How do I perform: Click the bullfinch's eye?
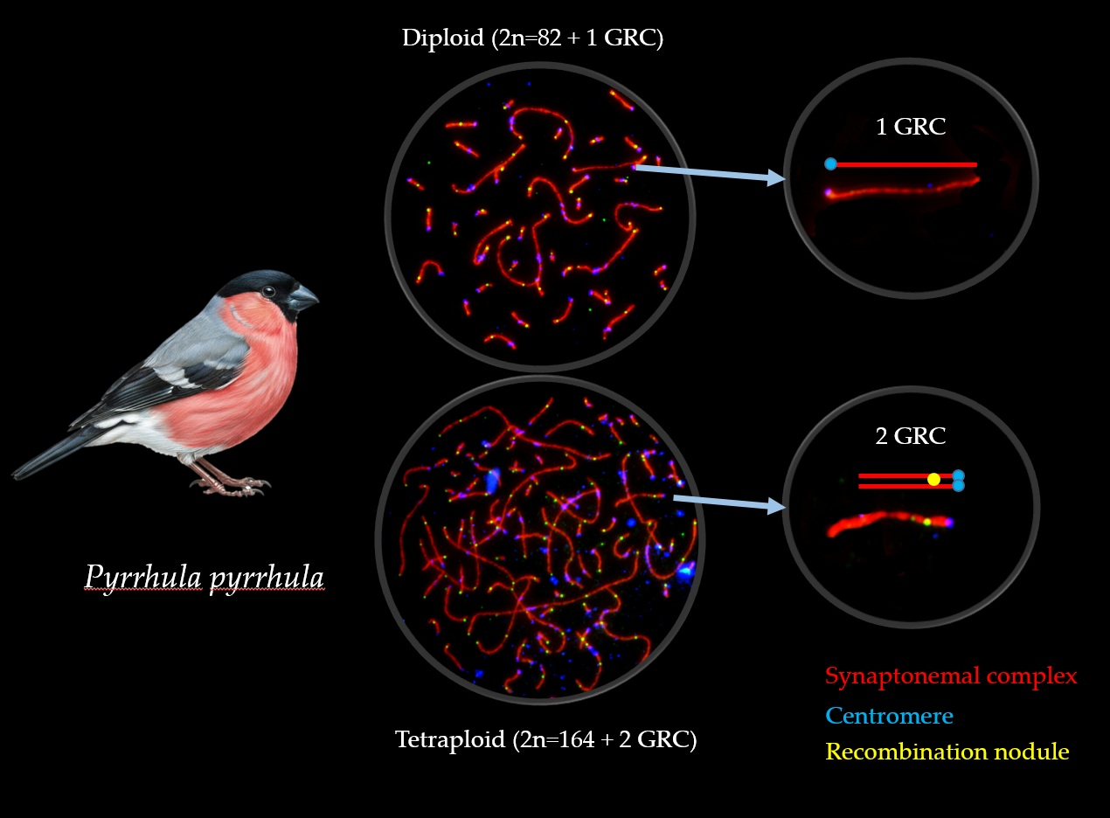pos(268,291)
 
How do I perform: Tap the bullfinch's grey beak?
pos(302,299)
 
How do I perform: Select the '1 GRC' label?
pos(910,127)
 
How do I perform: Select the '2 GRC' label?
pos(910,436)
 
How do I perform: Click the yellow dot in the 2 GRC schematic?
pos(933,479)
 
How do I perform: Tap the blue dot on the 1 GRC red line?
pos(830,163)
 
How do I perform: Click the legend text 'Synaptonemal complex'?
pos(951,676)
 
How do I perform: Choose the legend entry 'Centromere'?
pos(889,716)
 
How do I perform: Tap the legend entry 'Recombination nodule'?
pos(947,752)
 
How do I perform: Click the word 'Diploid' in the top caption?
pos(441,38)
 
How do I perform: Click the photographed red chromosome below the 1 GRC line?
pos(900,190)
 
